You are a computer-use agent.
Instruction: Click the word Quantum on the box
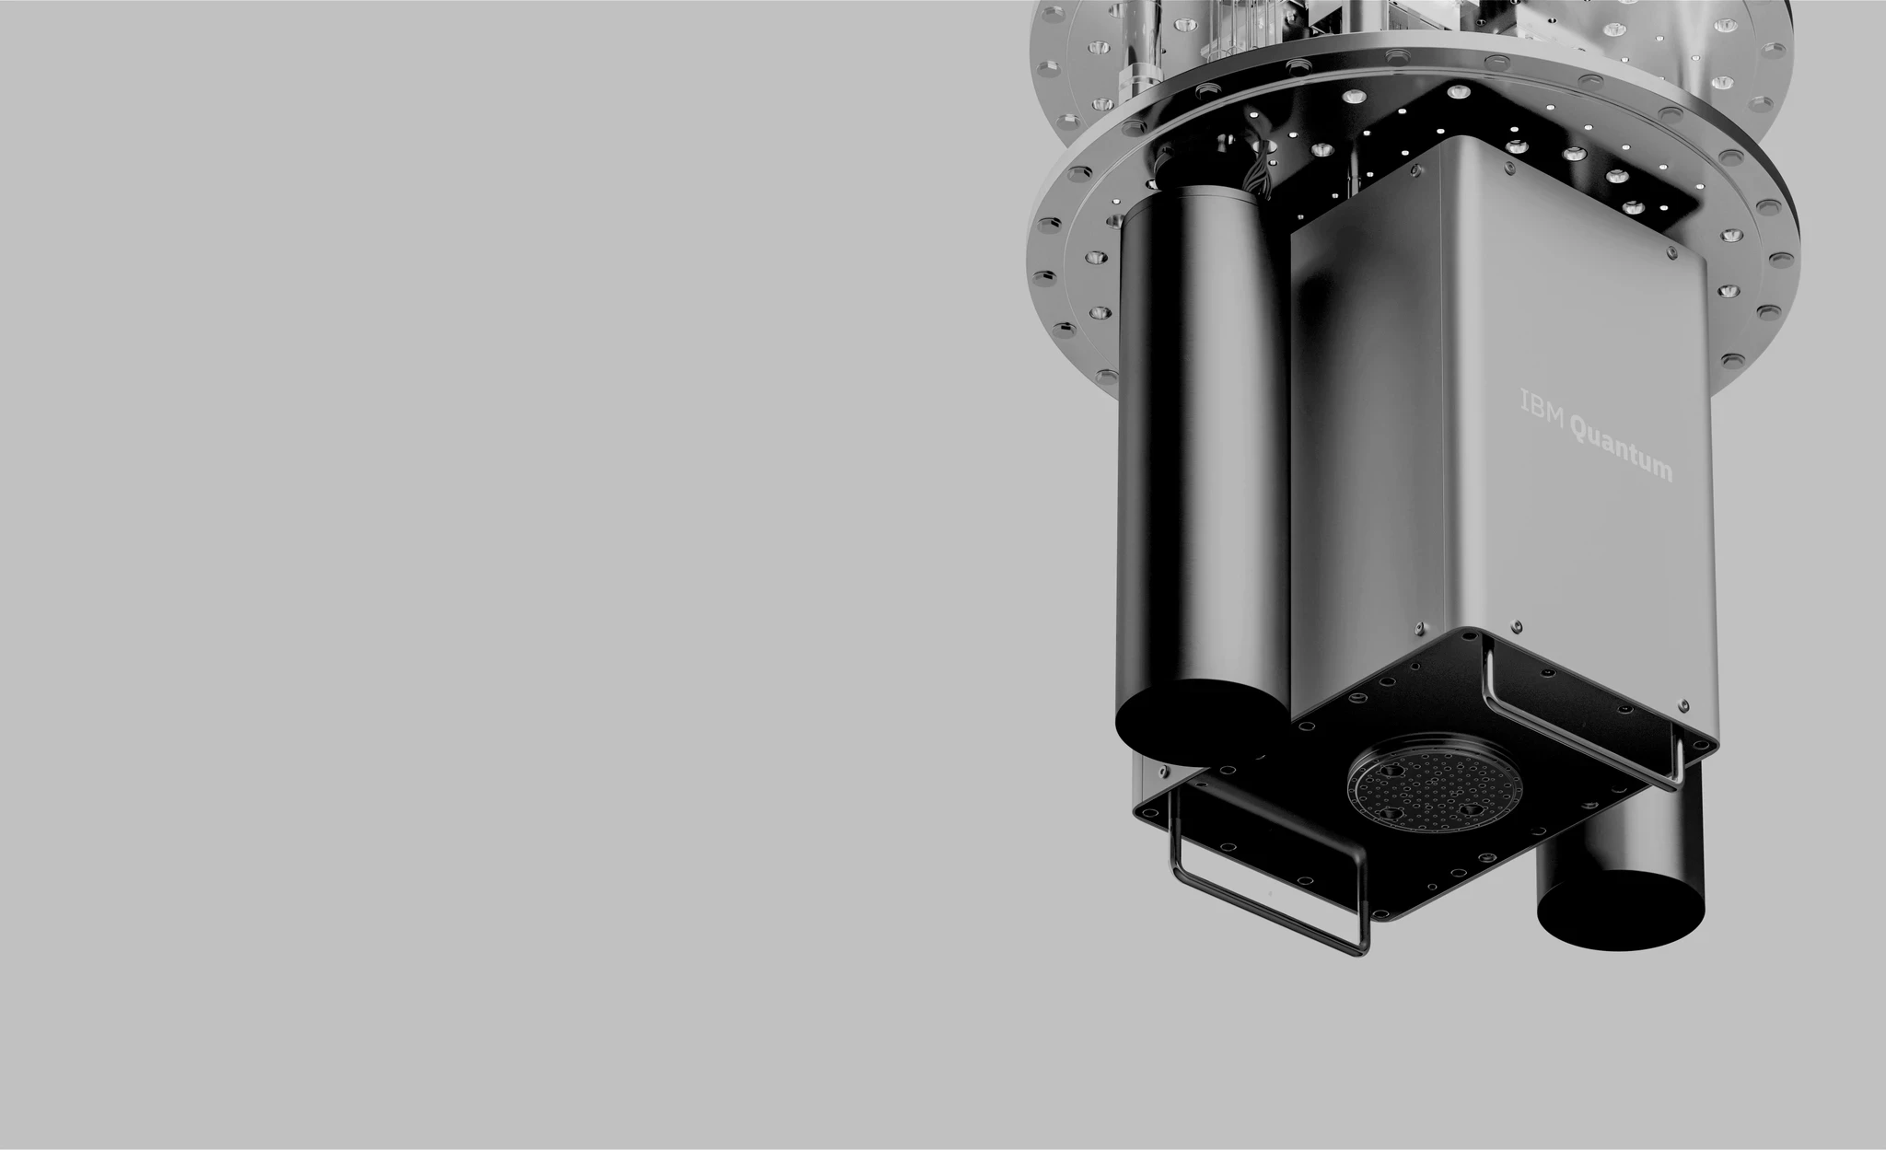(1620, 454)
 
